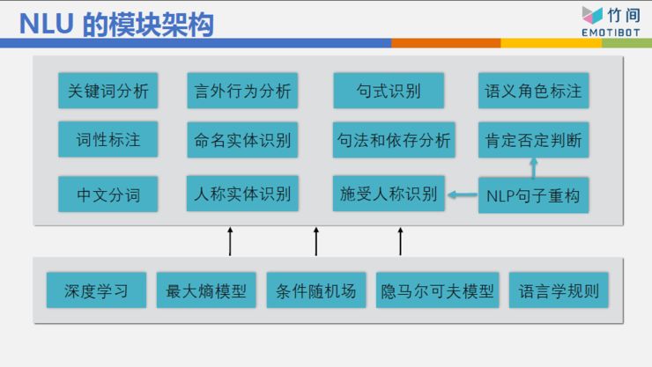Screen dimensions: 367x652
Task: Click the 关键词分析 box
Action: (108, 91)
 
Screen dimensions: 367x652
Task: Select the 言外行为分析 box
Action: (242, 91)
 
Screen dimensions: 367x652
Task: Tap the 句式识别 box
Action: (389, 91)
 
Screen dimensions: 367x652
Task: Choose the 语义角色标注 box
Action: (533, 91)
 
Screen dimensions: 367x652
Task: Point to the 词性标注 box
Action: (108, 139)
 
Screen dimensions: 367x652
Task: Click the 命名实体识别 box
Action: (242, 139)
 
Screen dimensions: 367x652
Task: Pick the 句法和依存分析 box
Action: (394, 139)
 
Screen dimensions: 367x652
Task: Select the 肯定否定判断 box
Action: (533, 139)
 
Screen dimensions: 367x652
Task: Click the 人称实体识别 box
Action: (242, 194)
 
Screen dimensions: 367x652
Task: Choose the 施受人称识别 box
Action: (389, 194)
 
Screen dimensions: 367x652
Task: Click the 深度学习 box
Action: (97, 290)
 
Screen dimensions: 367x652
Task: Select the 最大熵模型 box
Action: (207, 290)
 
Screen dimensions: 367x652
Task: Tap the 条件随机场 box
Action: (316, 290)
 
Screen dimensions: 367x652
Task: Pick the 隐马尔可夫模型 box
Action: (438, 290)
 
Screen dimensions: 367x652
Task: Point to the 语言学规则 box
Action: (559, 290)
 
